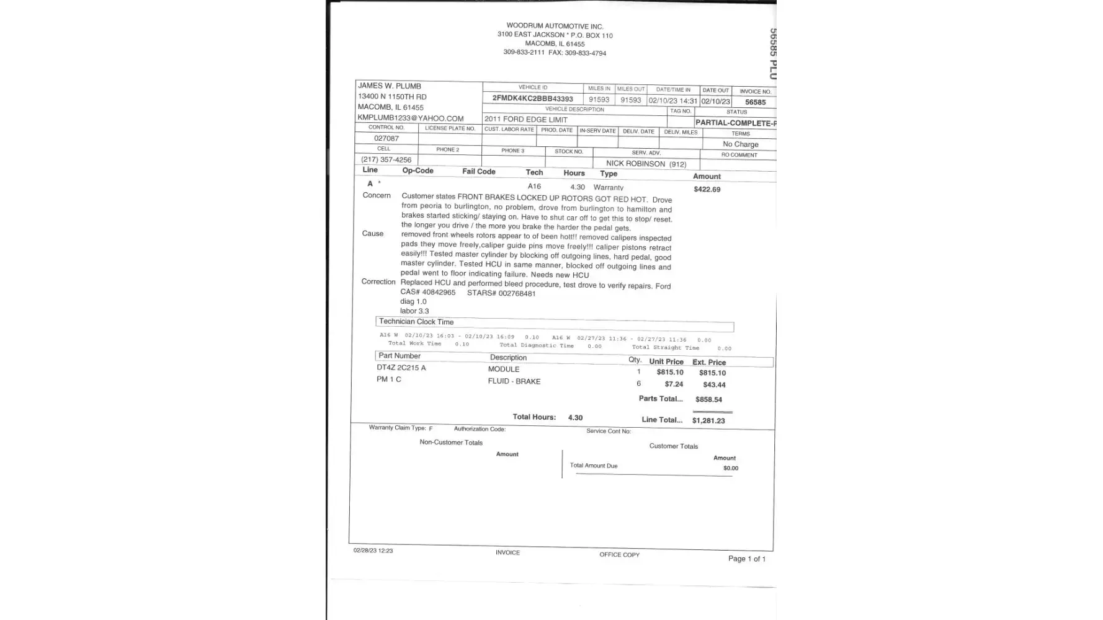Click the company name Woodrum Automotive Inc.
[x=555, y=26]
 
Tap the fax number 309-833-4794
[x=585, y=53]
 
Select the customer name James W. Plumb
[x=390, y=86]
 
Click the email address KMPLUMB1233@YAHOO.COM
[x=410, y=118]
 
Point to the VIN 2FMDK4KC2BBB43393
[x=532, y=99]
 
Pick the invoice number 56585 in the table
[x=755, y=102]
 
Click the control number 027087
[x=386, y=138]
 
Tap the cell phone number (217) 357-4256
[x=386, y=160]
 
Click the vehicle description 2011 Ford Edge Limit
[x=525, y=119]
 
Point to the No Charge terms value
[x=740, y=144]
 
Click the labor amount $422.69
[x=707, y=189]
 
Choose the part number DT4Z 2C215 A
[x=401, y=368]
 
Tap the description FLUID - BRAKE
[x=514, y=381]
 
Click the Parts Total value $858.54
[x=708, y=399]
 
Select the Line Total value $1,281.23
[x=708, y=420]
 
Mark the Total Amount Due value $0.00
[x=731, y=468]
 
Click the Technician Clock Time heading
[x=416, y=322]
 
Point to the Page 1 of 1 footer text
[x=746, y=559]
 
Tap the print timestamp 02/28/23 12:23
[x=373, y=551]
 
